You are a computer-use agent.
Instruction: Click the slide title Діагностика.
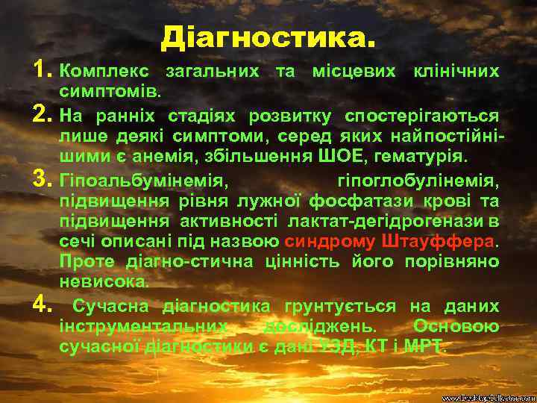pos(268,36)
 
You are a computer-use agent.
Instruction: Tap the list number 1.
pos(41,72)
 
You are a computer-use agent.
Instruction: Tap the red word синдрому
pos(330,243)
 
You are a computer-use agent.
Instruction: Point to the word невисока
pos(103,283)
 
